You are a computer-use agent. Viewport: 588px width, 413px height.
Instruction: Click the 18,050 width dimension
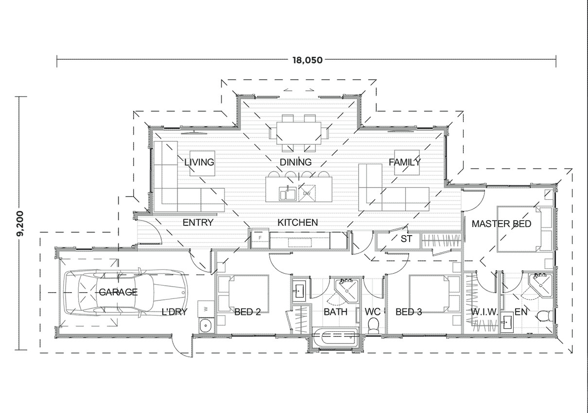tap(308, 60)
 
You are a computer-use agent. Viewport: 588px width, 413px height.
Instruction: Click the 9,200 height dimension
tap(20, 223)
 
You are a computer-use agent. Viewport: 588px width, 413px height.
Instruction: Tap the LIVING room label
tap(199, 162)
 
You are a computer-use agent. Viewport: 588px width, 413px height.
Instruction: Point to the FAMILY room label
tap(404, 162)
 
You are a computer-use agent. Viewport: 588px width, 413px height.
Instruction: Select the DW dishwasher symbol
tap(307, 193)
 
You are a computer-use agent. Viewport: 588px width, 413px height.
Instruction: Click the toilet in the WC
tap(374, 325)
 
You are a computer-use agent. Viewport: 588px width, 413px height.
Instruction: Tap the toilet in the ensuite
tap(545, 316)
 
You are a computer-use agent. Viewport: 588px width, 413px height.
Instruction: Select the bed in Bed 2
tap(242, 294)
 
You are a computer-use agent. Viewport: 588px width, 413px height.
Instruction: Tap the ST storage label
tap(406, 239)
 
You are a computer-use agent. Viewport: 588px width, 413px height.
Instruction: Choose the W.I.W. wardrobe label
tap(484, 312)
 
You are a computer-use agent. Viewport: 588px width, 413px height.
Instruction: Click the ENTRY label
tap(198, 223)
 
